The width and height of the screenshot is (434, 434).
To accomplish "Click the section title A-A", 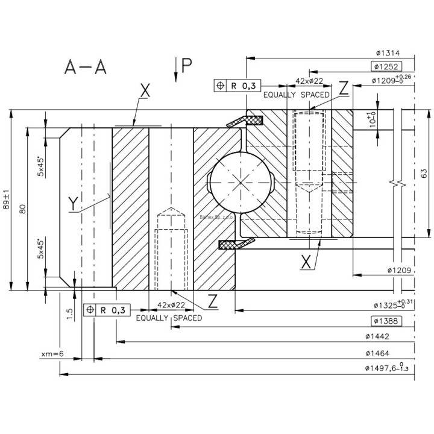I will click(x=85, y=68).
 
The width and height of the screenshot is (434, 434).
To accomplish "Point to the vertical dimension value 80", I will click(x=22, y=209).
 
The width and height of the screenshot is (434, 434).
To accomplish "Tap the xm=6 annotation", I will click(x=52, y=353).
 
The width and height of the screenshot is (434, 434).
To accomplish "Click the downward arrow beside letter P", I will click(x=175, y=69).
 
